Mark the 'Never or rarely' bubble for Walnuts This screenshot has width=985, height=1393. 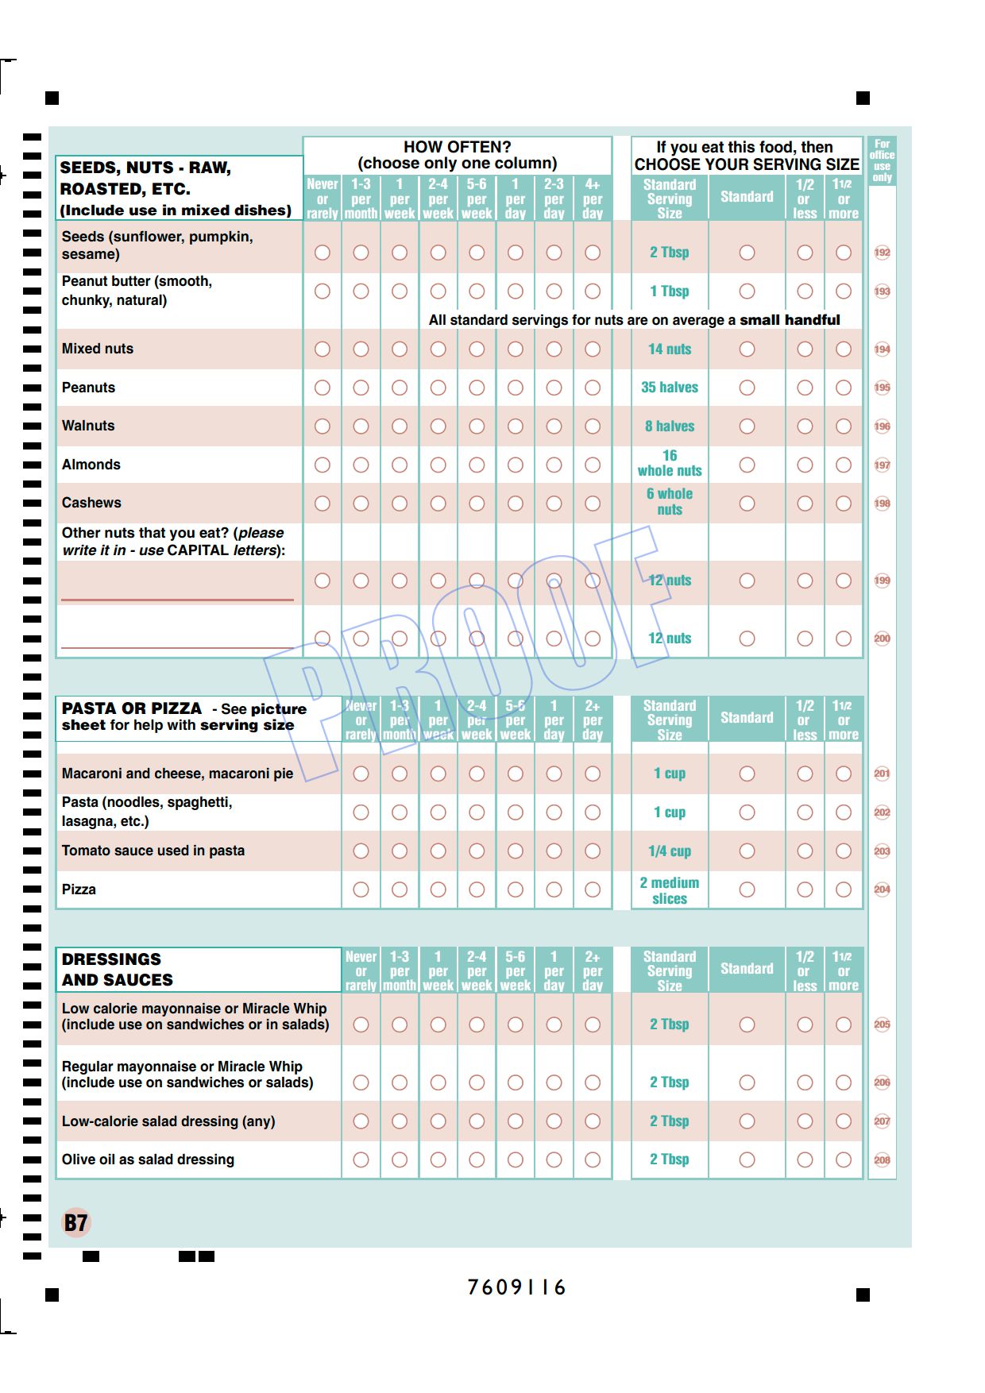(x=322, y=426)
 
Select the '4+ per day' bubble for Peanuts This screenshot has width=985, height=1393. (x=593, y=388)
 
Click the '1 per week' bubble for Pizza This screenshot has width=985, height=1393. (x=438, y=889)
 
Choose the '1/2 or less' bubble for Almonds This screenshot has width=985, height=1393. (x=805, y=465)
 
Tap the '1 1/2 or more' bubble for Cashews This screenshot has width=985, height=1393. (x=844, y=504)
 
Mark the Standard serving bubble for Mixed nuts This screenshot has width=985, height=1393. (x=747, y=349)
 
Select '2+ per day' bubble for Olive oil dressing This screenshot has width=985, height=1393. (x=593, y=1160)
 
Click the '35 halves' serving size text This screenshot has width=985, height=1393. (x=670, y=388)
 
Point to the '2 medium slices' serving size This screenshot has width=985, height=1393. (x=670, y=890)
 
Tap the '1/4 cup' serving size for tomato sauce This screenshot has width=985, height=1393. (x=670, y=851)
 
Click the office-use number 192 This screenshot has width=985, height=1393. (x=882, y=253)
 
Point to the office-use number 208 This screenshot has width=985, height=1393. (x=882, y=1160)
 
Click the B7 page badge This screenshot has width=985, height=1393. (x=76, y=1222)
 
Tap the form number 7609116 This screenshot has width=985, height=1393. (x=516, y=1287)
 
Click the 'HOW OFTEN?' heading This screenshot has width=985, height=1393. (x=457, y=147)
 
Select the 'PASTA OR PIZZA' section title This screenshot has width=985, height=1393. (x=132, y=708)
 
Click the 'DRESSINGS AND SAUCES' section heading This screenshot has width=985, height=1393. (x=117, y=969)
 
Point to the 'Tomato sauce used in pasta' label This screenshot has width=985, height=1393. (x=153, y=851)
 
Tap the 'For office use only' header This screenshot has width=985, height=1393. (x=882, y=160)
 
